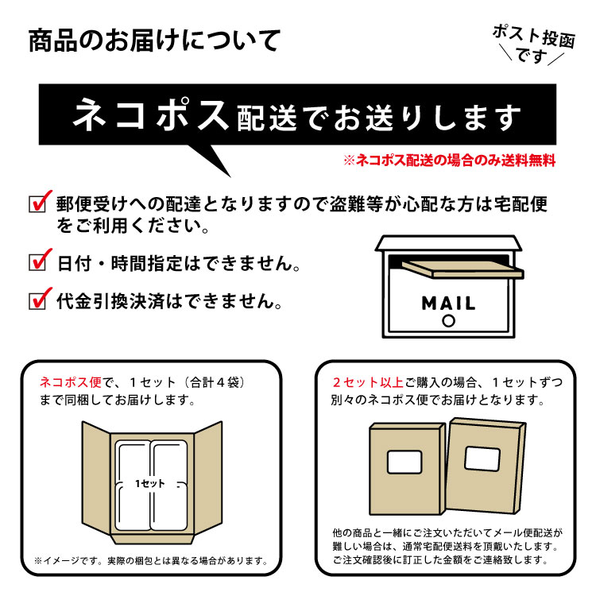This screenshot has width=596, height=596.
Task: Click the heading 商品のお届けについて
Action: pyautogui.click(x=154, y=41)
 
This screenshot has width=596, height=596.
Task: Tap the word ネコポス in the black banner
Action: pyautogui.click(x=151, y=114)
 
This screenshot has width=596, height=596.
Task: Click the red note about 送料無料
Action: pyautogui.click(x=450, y=161)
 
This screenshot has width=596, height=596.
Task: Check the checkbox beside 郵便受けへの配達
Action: pyautogui.click(x=38, y=203)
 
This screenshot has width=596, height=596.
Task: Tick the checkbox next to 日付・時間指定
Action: pyautogui.click(x=38, y=262)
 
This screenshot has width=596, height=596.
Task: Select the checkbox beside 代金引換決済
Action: pyautogui.click(x=38, y=300)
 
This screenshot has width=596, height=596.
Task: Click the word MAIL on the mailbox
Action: pyautogui.click(x=448, y=303)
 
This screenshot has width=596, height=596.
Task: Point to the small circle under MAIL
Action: pyautogui.click(x=448, y=321)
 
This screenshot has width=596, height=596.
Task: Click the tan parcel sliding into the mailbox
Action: pyautogui.click(x=462, y=269)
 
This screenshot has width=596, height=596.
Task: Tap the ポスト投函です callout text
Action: pyautogui.click(x=533, y=45)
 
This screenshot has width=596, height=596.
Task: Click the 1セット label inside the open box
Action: pyautogui.click(x=150, y=483)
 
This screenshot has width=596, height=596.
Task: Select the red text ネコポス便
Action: pyautogui.click(x=71, y=382)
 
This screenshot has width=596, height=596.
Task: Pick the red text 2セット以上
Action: pyautogui.click(x=368, y=382)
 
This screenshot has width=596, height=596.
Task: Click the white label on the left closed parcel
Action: pyautogui.click(x=404, y=462)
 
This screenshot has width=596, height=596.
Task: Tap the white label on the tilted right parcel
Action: pyautogui.click(x=482, y=459)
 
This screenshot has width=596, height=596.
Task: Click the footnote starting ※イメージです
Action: pyautogui.click(x=151, y=561)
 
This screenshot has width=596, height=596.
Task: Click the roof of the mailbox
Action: pyautogui.click(x=448, y=243)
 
